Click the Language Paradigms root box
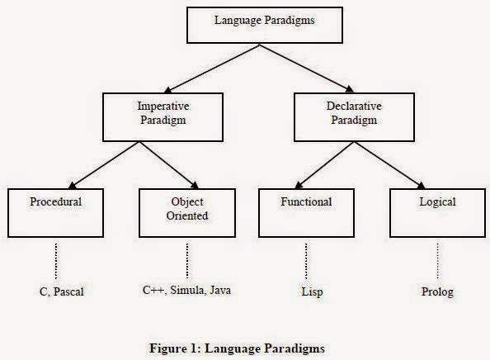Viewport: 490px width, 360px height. (x=265, y=26)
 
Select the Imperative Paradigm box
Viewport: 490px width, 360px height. (x=163, y=117)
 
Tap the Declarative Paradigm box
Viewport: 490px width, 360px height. (x=354, y=117)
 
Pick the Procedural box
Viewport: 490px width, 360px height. (x=55, y=213)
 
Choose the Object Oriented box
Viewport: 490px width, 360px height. (x=187, y=213)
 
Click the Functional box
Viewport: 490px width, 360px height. (x=306, y=213)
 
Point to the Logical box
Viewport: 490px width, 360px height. (x=437, y=213)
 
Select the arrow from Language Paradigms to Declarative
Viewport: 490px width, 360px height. (x=306, y=69)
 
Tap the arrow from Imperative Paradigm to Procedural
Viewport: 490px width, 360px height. (x=104, y=165)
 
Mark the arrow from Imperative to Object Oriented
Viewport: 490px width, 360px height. (x=169, y=165)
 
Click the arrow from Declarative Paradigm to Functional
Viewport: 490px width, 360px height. (x=324, y=165)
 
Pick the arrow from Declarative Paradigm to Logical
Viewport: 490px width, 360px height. (x=390, y=165)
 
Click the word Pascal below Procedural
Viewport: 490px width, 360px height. (x=68, y=291)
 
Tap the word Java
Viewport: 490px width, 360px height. (x=220, y=291)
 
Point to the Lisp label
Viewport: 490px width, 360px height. (x=312, y=291)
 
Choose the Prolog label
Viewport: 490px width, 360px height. (x=437, y=291)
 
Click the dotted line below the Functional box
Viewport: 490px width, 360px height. (x=306, y=261)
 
